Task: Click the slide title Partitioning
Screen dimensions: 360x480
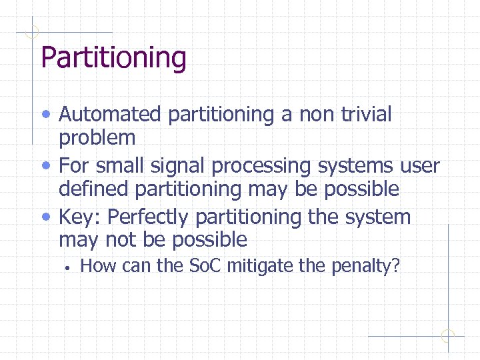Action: pyautogui.click(x=113, y=57)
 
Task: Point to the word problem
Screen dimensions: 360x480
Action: pyautogui.click(x=97, y=139)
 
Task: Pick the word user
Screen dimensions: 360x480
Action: pyautogui.click(x=419, y=165)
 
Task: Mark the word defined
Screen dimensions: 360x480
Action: pyautogui.click(x=94, y=189)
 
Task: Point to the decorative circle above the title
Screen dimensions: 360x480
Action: pyautogui.click(x=31, y=31)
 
